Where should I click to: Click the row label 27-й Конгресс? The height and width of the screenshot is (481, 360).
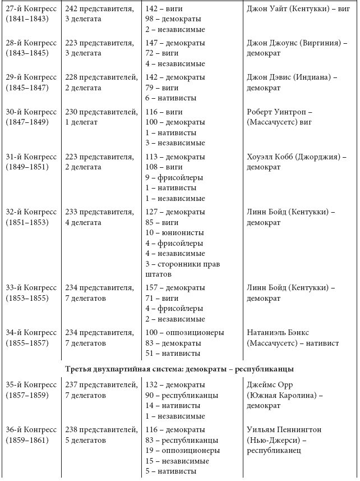(x=31, y=9)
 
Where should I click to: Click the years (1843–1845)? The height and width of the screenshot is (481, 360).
(x=27, y=53)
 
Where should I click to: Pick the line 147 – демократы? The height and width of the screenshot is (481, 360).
(x=175, y=43)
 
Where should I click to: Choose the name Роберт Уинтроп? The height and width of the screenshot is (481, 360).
(x=279, y=112)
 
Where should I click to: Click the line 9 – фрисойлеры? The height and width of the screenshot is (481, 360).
(x=174, y=177)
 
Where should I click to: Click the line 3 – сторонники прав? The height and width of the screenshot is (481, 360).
(x=183, y=264)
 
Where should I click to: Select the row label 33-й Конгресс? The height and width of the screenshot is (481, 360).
(x=31, y=288)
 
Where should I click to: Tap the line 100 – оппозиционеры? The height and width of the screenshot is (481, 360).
(x=184, y=332)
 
